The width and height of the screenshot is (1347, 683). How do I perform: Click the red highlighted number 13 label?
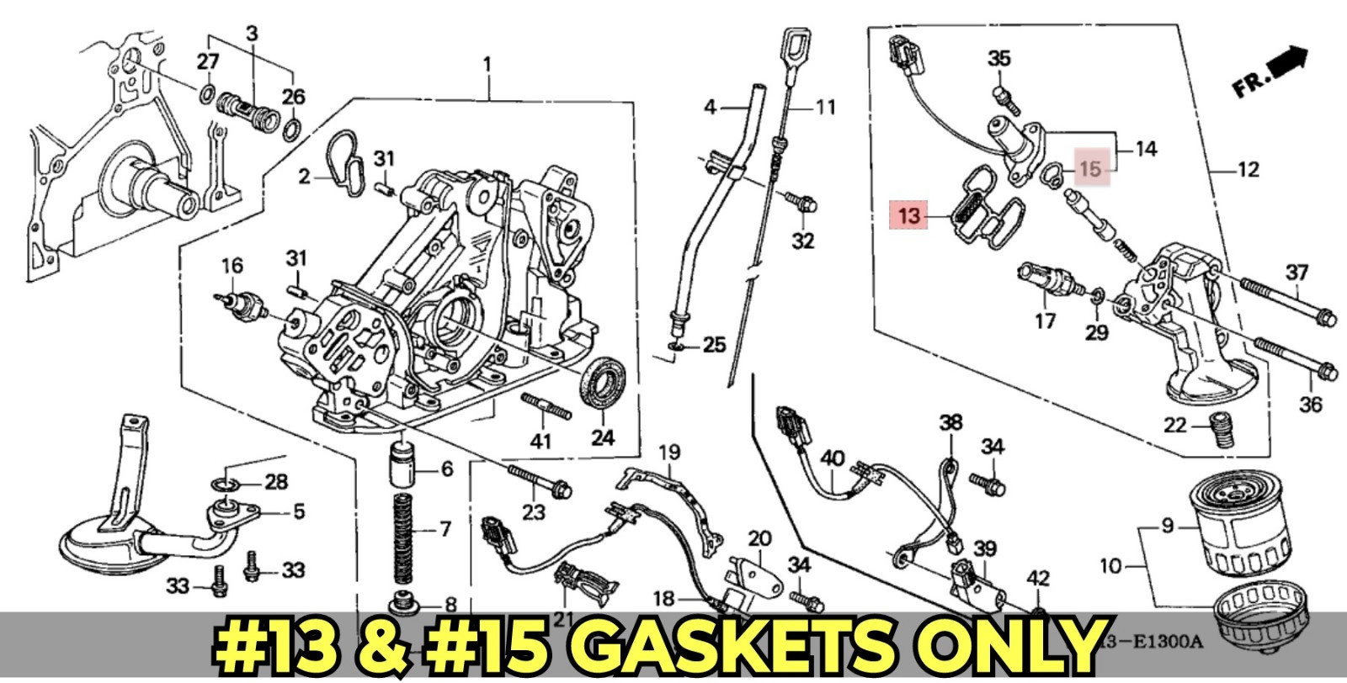tap(909, 216)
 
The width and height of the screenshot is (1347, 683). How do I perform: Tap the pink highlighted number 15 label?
tap(1091, 169)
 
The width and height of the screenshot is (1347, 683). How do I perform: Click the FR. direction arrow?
tap(1271, 71)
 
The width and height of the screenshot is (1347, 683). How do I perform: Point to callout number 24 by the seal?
tap(603, 437)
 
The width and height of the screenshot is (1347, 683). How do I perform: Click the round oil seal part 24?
tap(600, 384)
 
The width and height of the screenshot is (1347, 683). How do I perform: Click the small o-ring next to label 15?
tap(1048, 174)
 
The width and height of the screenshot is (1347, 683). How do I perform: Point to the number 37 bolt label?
tap(1296, 272)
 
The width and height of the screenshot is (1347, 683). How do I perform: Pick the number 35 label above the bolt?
tap(998, 59)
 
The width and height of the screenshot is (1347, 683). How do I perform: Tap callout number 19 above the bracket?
tap(668, 453)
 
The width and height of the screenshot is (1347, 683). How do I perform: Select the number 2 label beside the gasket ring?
tap(305, 177)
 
